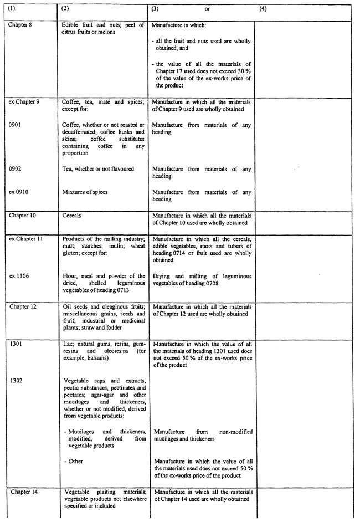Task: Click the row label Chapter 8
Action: click(20, 25)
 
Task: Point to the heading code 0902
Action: click(14, 168)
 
